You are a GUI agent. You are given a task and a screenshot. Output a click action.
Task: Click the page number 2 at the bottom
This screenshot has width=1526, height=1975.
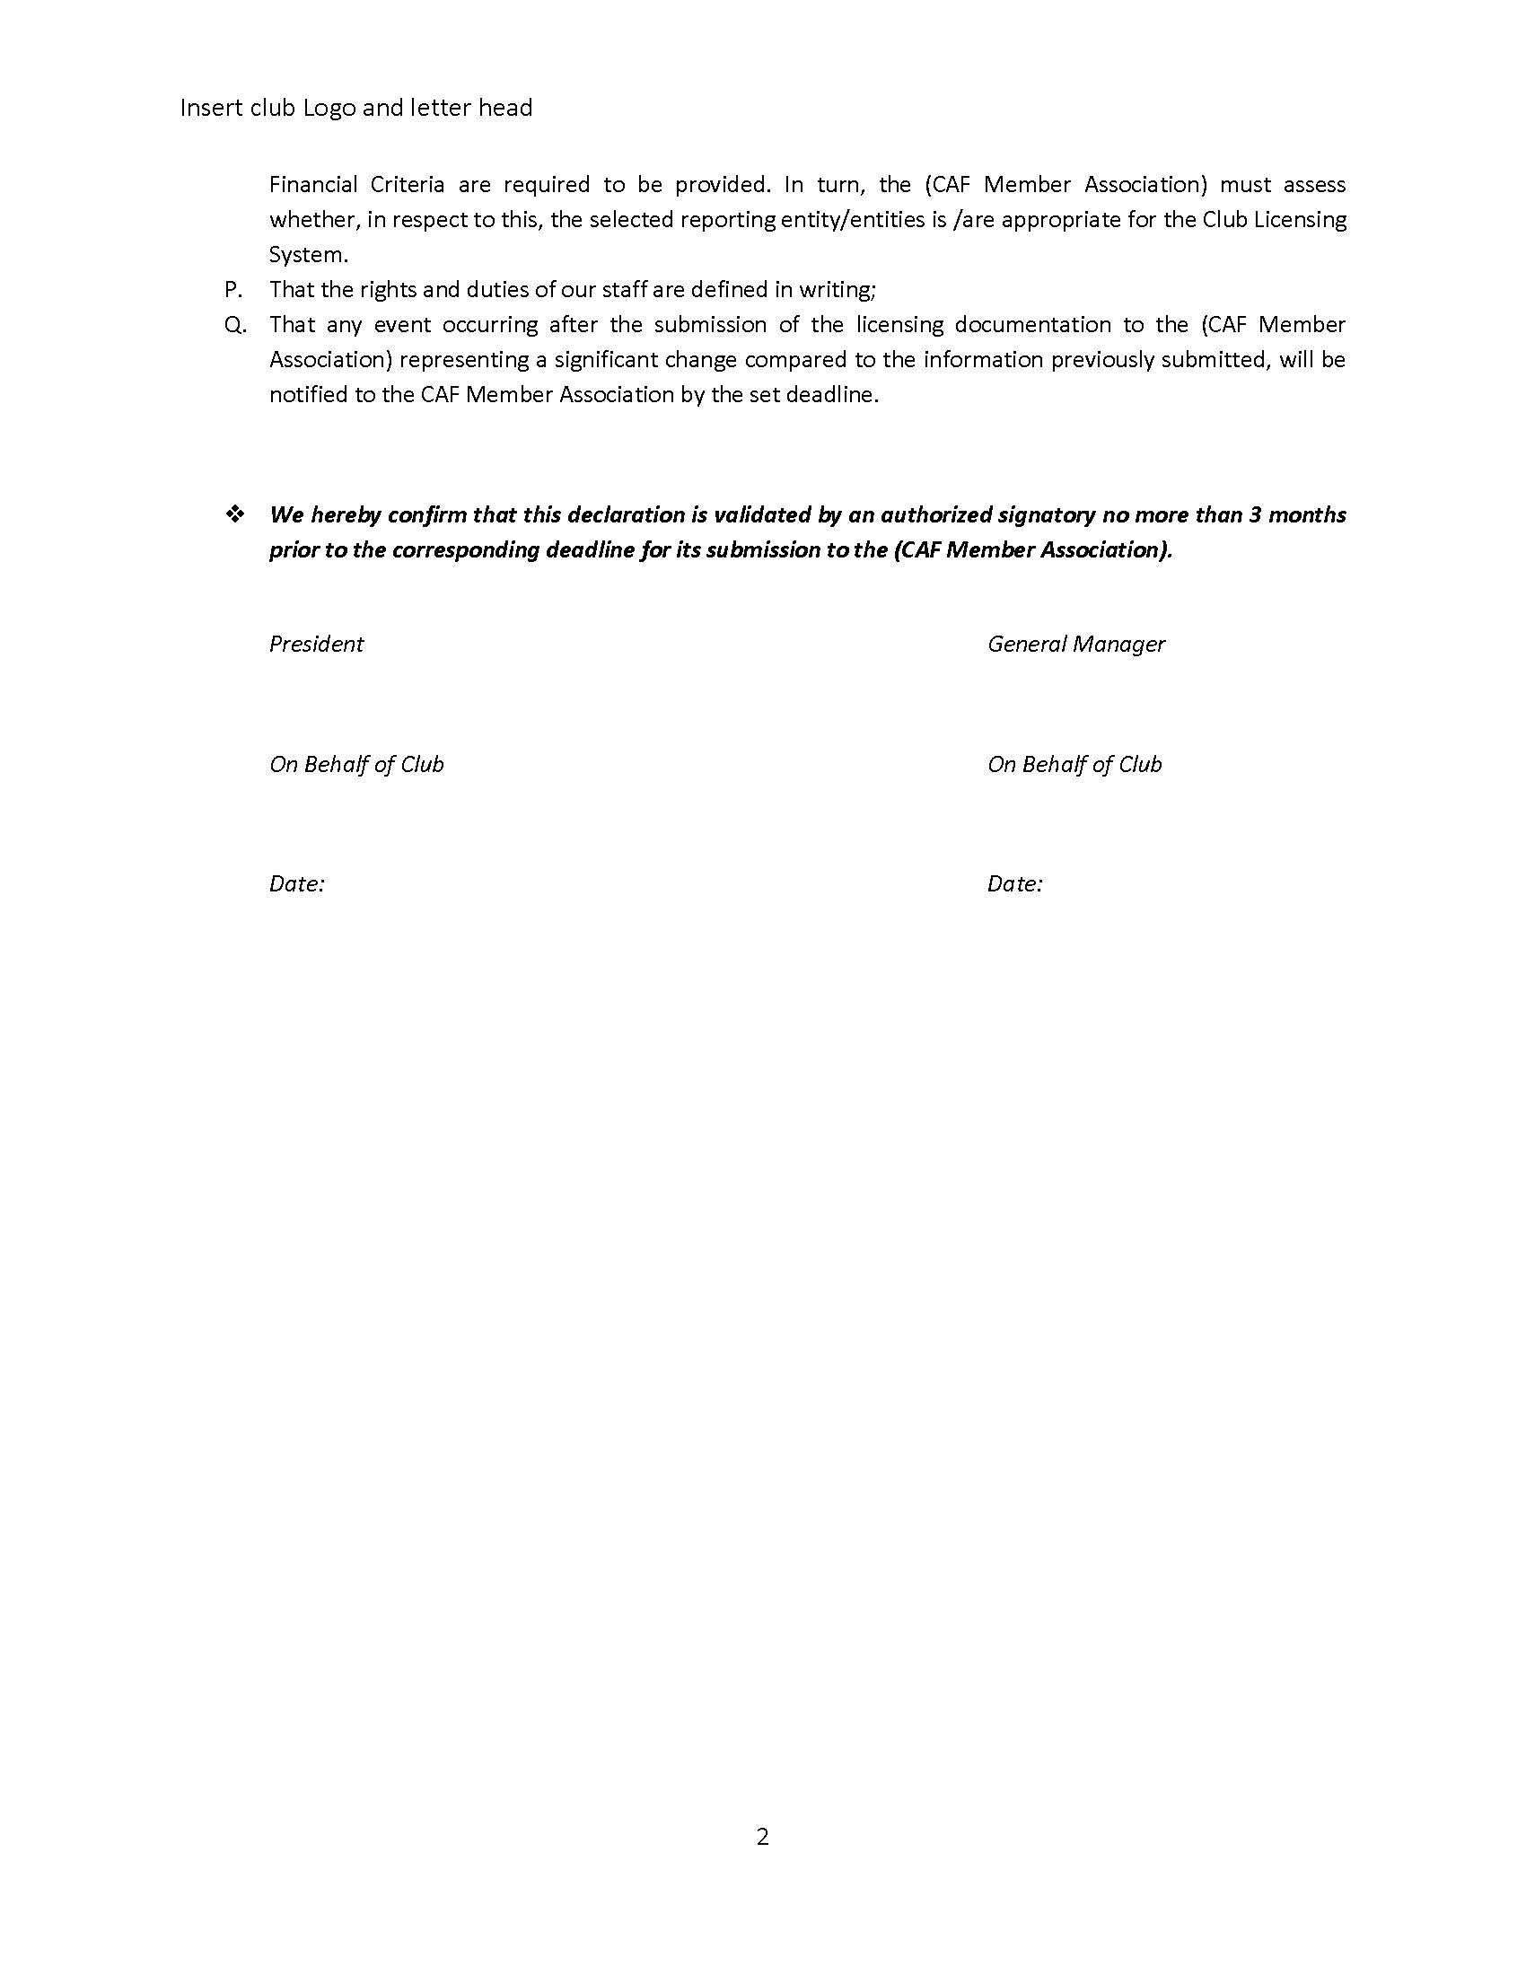point(762,1837)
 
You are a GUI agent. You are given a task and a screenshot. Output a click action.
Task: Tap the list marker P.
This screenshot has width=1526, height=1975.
point(233,289)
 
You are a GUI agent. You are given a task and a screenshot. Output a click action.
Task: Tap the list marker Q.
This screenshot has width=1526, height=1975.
point(235,325)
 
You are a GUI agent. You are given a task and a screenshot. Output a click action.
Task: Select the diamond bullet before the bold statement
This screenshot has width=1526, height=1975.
point(235,514)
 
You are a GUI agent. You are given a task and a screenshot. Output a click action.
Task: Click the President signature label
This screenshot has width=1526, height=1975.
point(315,644)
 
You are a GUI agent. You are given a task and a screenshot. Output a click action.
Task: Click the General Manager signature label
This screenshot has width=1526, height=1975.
point(1075,644)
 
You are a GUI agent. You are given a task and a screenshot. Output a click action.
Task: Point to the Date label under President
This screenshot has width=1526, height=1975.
point(296,883)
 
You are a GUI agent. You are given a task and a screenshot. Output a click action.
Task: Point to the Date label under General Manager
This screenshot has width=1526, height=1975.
point(1014,883)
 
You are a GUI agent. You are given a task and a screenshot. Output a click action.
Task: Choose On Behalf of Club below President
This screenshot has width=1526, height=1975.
point(356,764)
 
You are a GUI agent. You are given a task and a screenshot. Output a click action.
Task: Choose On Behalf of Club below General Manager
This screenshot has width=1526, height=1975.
point(1074,764)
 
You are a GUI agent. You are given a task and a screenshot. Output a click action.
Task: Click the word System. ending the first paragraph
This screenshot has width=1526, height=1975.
point(308,255)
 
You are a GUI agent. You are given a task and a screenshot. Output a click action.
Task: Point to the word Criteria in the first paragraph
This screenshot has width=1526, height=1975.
point(407,184)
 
